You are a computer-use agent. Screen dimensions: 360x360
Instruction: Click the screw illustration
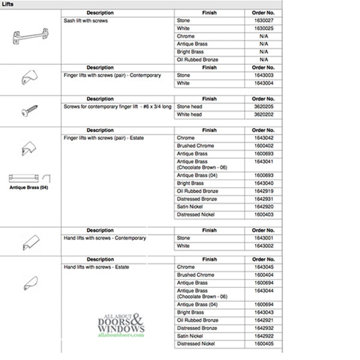(30, 111)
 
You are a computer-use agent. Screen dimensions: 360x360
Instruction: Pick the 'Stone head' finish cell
(188, 107)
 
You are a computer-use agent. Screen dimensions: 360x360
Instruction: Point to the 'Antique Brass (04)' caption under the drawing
(29, 187)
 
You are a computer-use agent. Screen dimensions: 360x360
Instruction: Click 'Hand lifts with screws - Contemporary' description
(104, 238)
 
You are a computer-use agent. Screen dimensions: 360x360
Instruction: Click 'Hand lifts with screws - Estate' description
(96, 267)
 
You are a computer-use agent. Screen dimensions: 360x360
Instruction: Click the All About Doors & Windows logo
(121, 326)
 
